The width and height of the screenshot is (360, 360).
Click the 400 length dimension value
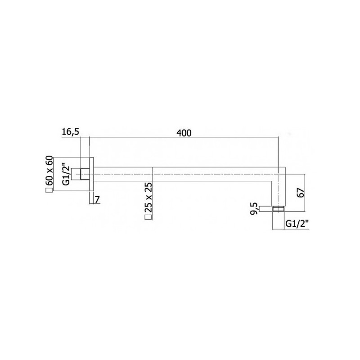coord(184,133)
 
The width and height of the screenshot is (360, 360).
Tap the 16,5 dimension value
coord(71,132)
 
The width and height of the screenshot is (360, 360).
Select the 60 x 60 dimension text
coord(49,171)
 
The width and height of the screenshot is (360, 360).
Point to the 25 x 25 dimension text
coord(148,198)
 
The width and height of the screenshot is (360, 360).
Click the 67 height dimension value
coord(301,193)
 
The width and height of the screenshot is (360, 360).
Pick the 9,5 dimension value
coord(255,209)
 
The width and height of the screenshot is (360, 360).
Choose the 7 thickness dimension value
coord(97,200)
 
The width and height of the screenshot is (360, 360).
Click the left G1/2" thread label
coord(66,174)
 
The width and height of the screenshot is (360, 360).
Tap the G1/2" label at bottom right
coord(297,224)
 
